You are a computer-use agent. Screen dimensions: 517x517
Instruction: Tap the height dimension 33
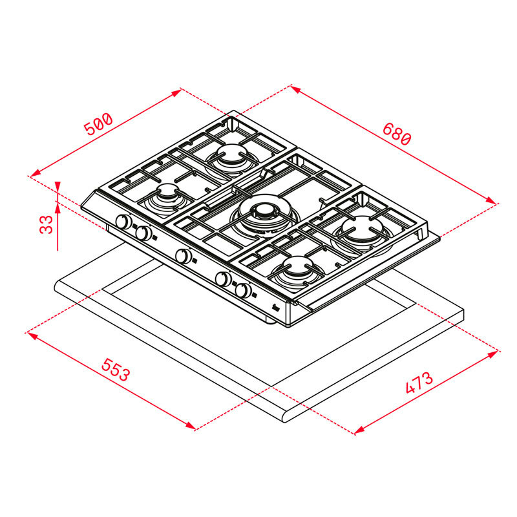click(45, 224)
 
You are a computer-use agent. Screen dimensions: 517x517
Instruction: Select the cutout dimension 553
click(116, 374)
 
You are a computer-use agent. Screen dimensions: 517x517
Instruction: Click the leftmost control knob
click(121, 222)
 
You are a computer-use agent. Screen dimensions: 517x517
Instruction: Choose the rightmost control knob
click(243, 291)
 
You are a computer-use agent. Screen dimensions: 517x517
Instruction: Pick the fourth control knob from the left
click(222, 279)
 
